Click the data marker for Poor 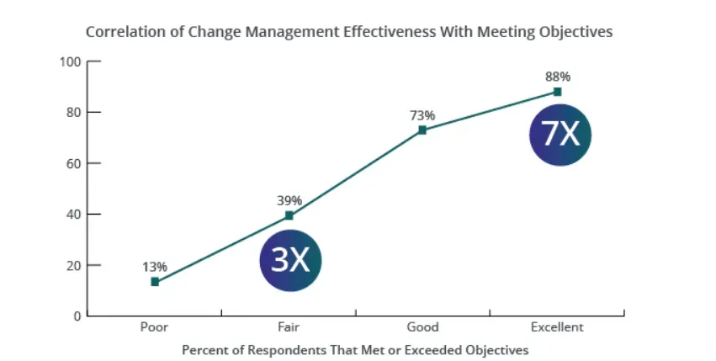tap(155, 282)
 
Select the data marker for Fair tap(289, 215)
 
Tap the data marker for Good tap(422, 130)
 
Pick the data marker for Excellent tap(557, 92)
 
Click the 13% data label tap(155, 267)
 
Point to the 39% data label tap(289, 200)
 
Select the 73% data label tap(422, 115)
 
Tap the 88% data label tap(557, 77)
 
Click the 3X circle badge tap(291, 261)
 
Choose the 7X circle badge tap(560, 134)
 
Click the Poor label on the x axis tap(154, 327)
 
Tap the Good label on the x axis tap(422, 327)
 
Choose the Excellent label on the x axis tap(557, 327)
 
